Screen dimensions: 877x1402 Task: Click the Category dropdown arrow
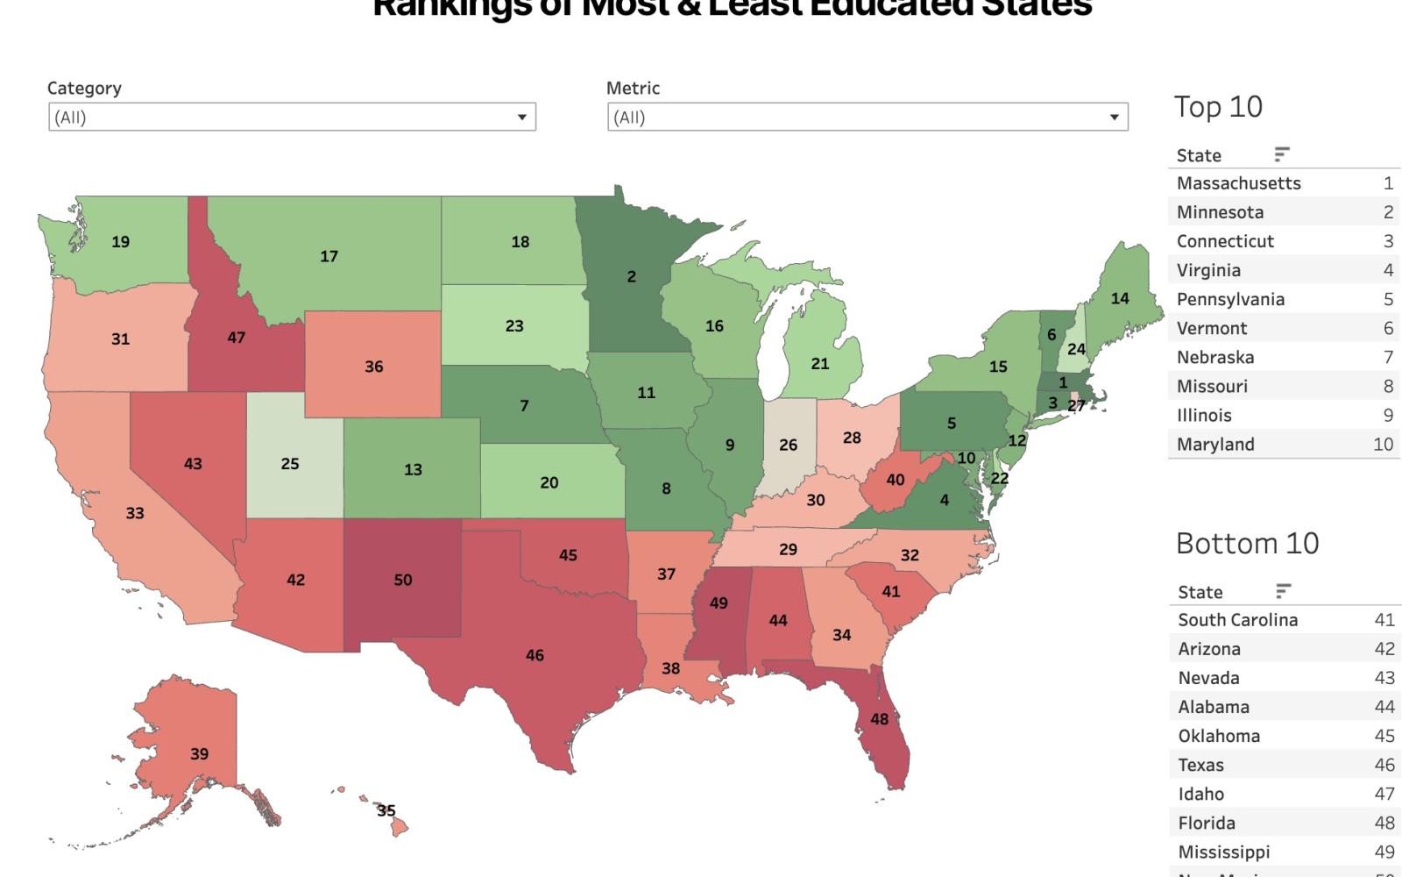[x=521, y=118]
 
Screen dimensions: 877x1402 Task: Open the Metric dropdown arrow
[x=1114, y=118]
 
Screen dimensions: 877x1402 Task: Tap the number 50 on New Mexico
[x=403, y=580]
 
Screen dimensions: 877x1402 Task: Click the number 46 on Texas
[x=535, y=655]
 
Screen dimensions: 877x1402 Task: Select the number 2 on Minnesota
[x=631, y=276]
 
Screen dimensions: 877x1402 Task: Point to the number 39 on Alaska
[x=199, y=753]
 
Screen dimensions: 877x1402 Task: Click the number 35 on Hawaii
[x=386, y=810]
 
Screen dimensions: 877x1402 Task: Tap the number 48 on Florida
[x=879, y=719]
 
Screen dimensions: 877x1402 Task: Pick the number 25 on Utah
[x=290, y=464]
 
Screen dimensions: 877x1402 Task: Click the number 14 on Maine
[x=1120, y=298]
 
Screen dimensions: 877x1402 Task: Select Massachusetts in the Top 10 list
[x=1238, y=183]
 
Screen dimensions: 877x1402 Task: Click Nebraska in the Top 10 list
[x=1214, y=357]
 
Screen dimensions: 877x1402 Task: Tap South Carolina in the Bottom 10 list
[x=1237, y=620]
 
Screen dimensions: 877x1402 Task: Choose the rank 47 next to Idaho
[x=1384, y=794]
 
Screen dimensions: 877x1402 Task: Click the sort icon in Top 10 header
[x=1281, y=155]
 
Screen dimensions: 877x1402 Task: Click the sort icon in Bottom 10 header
[x=1283, y=591]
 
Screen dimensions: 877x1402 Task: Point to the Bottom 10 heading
[x=1247, y=544]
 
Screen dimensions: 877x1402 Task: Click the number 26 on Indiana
[x=788, y=446]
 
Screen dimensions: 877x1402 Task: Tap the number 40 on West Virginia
[x=895, y=480]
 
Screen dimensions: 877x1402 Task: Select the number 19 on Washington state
[x=121, y=242]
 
